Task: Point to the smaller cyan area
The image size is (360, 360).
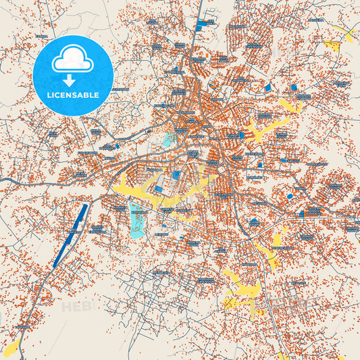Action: [x=167, y=140]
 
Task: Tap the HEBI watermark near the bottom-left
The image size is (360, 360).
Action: [x=74, y=308]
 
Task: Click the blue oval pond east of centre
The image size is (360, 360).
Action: [x=290, y=196]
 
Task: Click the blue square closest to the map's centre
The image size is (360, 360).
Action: [x=176, y=176]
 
